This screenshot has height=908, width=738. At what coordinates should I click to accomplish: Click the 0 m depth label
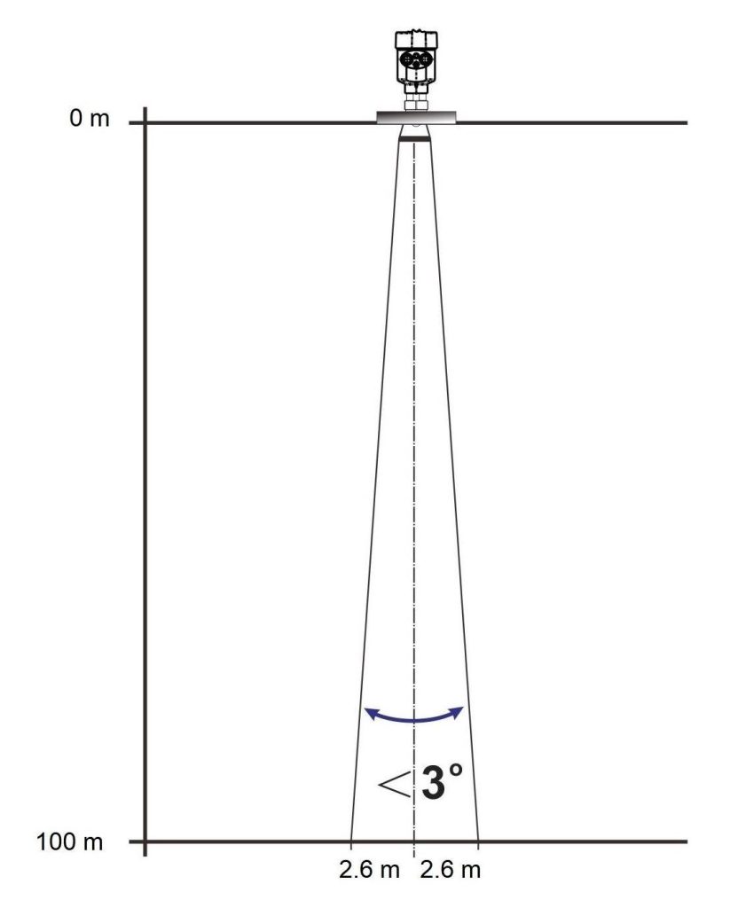(x=90, y=118)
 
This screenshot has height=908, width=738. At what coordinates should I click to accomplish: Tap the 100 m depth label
(x=69, y=841)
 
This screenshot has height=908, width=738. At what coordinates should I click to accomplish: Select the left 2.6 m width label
(x=369, y=870)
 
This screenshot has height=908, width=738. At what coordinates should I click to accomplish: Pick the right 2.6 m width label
(x=450, y=870)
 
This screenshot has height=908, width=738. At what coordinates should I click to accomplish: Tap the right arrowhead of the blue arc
(x=457, y=712)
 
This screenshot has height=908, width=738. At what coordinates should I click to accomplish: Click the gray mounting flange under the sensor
(x=416, y=117)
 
